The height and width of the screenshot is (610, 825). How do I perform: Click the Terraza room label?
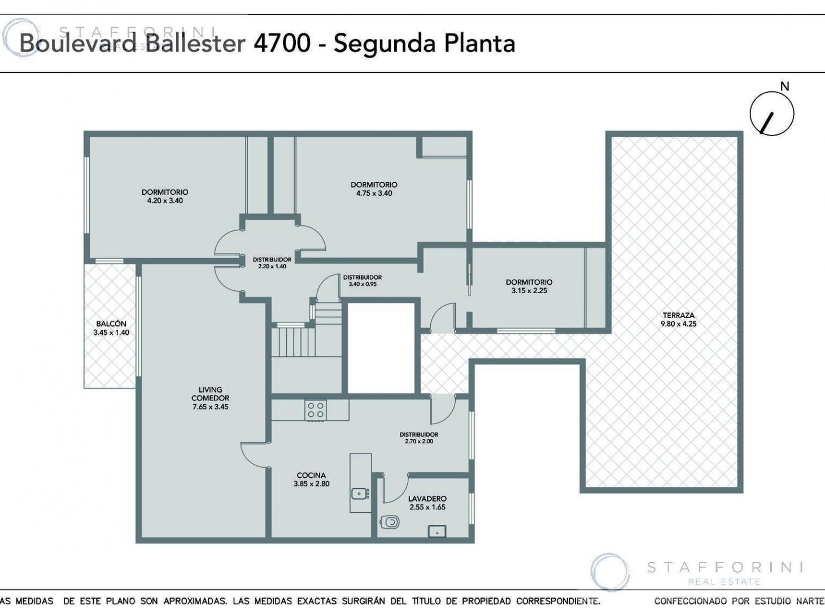tap(678, 315)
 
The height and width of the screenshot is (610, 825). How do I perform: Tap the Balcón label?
tap(111, 324)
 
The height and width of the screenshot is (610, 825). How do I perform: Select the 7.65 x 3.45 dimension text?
tap(211, 407)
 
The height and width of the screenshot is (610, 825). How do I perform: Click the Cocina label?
tap(311, 475)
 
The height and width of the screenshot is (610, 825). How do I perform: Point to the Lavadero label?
tap(427, 499)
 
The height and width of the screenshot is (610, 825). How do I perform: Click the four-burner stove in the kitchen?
tap(316, 410)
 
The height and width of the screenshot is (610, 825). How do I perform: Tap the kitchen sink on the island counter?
tap(360, 494)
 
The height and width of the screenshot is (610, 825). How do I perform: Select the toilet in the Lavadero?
tap(390, 522)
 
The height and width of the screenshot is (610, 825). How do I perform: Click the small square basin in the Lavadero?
tap(437, 531)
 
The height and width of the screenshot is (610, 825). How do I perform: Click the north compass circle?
tap(772, 114)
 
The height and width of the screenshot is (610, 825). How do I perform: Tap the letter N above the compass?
tap(784, 86)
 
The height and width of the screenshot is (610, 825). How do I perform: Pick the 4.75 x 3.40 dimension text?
tap(374, 193)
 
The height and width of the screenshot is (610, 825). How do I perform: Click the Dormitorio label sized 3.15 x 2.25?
tap(529, 282)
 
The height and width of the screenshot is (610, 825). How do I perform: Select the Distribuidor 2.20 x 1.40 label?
tap(272, 263)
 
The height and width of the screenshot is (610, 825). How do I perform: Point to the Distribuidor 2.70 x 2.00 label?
tap(419, 438)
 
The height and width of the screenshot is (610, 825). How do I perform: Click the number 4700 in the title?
tap(282, 43)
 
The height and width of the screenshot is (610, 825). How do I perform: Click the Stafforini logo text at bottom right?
tap(724, 568)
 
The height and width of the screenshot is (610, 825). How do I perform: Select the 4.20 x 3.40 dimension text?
tap(165, 201)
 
